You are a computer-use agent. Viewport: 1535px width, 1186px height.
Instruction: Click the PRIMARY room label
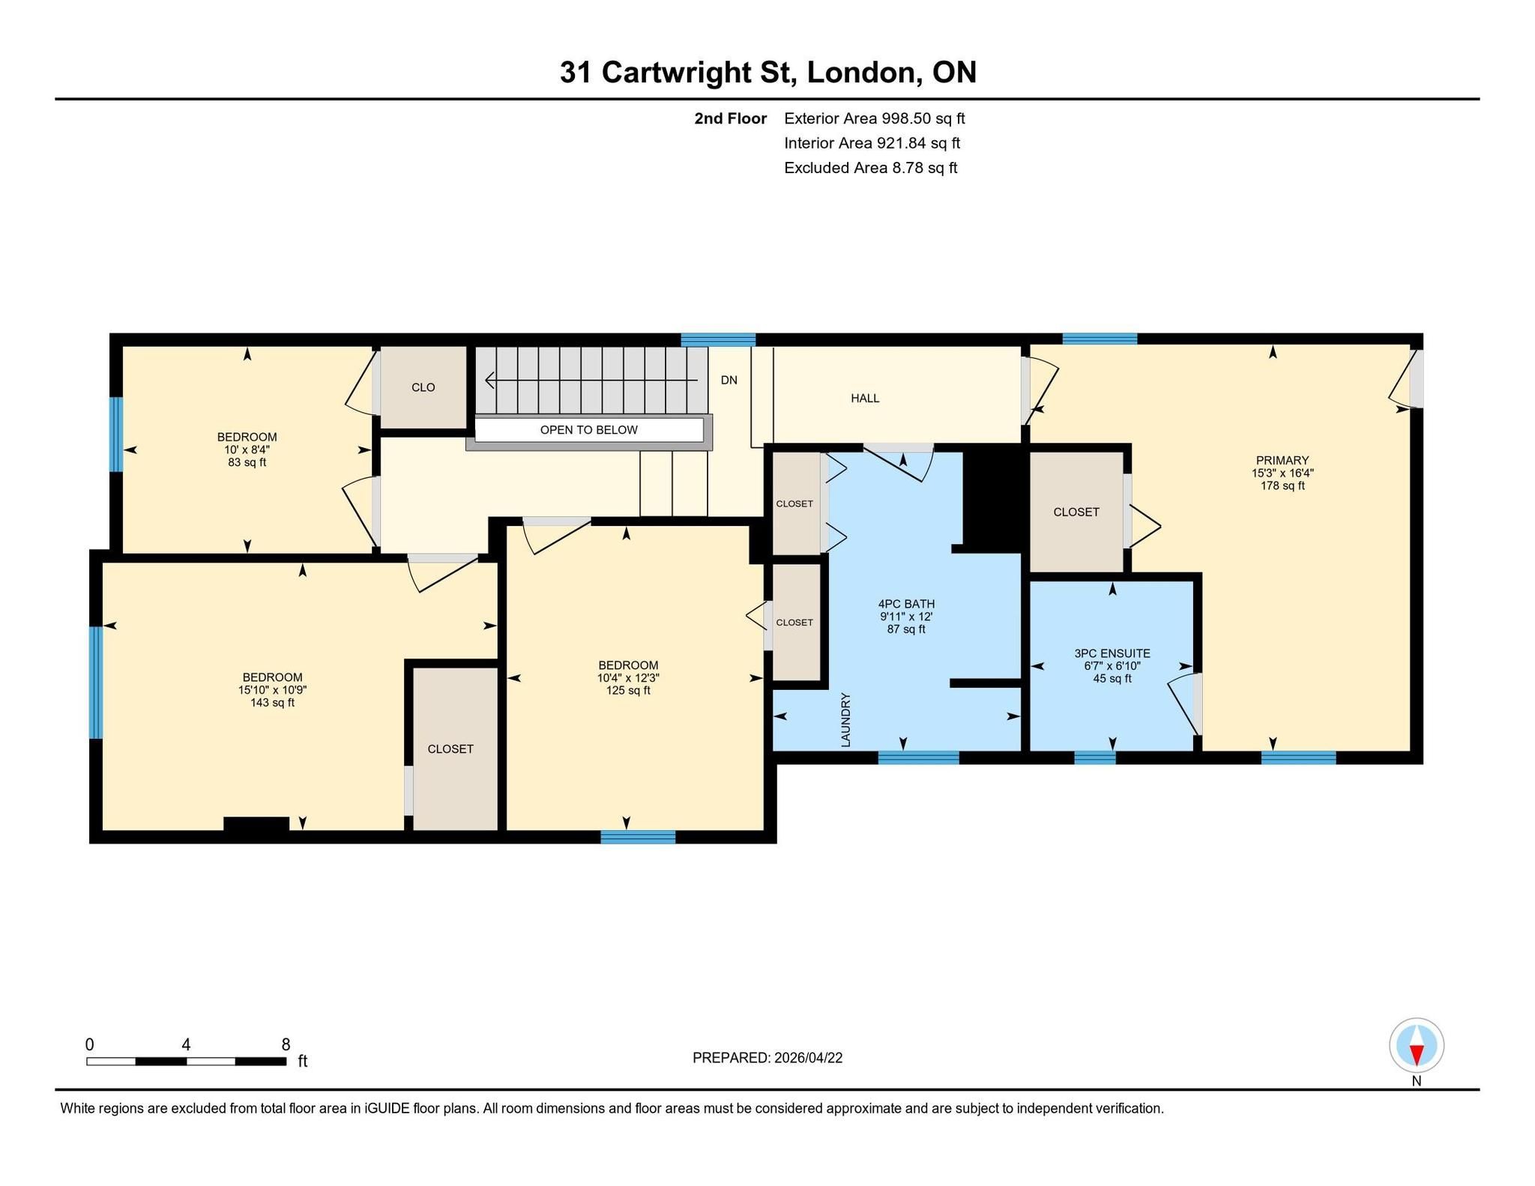[x=1282, y=461]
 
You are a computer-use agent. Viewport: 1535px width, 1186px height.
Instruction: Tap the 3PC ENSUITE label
[x=1112, y=653]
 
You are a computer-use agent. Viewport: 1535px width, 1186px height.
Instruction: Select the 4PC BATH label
[x=906, y=604]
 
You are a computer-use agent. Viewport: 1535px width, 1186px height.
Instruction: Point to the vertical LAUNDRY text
[x=845, y=720]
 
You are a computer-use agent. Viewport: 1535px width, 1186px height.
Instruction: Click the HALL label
[x=865, y=399]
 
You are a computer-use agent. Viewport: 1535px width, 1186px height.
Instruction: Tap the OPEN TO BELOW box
[x=589, y=430]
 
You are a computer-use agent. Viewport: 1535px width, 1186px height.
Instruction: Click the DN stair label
[x=729, y=380]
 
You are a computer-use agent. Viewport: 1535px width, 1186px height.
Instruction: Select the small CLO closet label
[x=423, y=387]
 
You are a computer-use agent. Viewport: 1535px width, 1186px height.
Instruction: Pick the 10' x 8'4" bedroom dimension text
[x=247, y=450]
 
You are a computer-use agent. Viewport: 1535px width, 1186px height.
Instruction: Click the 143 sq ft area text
[x=272, y=703]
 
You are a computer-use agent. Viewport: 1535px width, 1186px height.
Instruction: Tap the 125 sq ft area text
[x=628, y=691]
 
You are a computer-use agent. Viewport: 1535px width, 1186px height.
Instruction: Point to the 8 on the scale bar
[x=286, y=1044]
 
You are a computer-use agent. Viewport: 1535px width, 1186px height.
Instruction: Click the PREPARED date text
[x=767, y=1058]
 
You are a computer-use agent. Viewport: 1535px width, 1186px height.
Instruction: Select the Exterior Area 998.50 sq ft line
[x=875, y=118]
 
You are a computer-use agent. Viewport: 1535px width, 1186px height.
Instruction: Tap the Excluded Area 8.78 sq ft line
[x=871, y=168]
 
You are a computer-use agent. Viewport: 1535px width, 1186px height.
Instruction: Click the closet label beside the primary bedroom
[x=1076, y=512]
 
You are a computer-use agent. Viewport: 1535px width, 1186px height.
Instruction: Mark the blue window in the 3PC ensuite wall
[x=1095, y=757]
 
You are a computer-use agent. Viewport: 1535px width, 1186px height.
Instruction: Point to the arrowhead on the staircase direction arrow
[x=490, y=381]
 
